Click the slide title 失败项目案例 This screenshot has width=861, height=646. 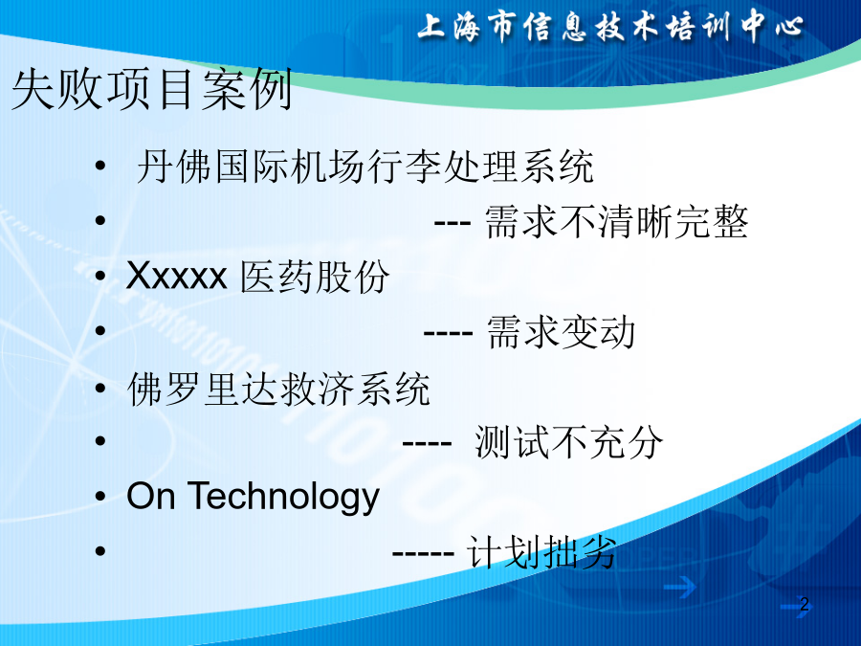[x=151, y=89]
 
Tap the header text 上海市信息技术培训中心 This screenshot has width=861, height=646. [x=610, y=27]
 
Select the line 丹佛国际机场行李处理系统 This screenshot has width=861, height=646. [x=365, y=167]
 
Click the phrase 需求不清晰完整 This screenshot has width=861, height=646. [x=617, y=222]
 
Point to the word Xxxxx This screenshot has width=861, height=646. [x=176, y=276]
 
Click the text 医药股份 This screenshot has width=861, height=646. [x=315, y=277]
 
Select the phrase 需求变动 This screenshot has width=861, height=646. [x=562, y=332]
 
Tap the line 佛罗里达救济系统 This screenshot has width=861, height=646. [x=278, y=389]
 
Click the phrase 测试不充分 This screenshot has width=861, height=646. [x=569, y=442]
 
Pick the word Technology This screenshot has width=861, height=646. [x=284, y=497]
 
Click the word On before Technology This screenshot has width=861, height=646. [x=151, y=496]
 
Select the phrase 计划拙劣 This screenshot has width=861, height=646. [x=541, y=552]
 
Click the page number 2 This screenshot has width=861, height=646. [x=805, y=604]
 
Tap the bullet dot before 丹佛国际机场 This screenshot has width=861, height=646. [x=99, y=166]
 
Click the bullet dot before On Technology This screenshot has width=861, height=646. [x=99, y=496]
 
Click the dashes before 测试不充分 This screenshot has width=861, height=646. [x=427, y=444]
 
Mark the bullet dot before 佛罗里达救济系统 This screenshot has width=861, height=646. [x=99, y=388]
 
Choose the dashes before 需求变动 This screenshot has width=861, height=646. [x=448, y=334]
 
